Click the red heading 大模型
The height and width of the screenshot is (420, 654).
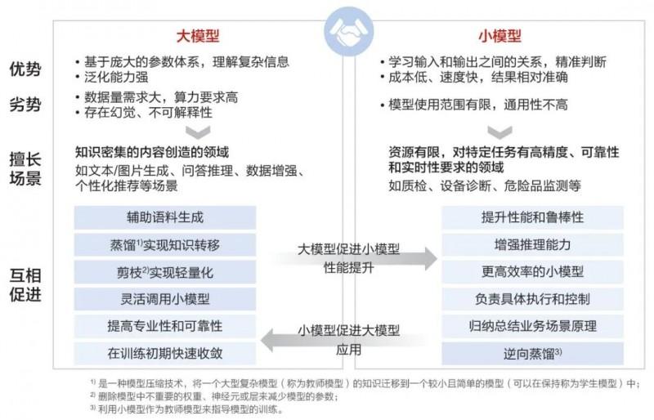pyautogui.click(x=199, y=36)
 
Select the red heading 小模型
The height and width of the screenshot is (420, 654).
pyautogui.click(x=499, y=36)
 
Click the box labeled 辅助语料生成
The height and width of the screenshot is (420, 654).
pyautogui.click(x=164, y=217)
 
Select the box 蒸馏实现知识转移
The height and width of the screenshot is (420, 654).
pyautogui.click(x=164, y=244)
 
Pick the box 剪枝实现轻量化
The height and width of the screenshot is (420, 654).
pyautogui.click(x=164, y=272)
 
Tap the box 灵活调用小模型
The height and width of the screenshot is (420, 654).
pyautogui.click(x=164, y=298)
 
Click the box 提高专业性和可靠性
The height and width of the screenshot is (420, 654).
pyautogui.click(x=164, y=326)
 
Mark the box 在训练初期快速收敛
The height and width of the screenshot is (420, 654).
pyautogui.click(x=164, y=353)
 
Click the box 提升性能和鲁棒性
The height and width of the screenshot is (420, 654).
pyautogui.click(x=532, y=217)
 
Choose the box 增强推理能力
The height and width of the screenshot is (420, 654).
pyautogui.click(x=532, y=244)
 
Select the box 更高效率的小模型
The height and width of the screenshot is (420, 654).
pyautogui.click(x=532, y=272)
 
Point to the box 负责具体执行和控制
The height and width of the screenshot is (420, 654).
pyautogui.click(x=532, y=298)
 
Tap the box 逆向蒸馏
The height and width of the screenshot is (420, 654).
pyautogui.click(x=532, y=353)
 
